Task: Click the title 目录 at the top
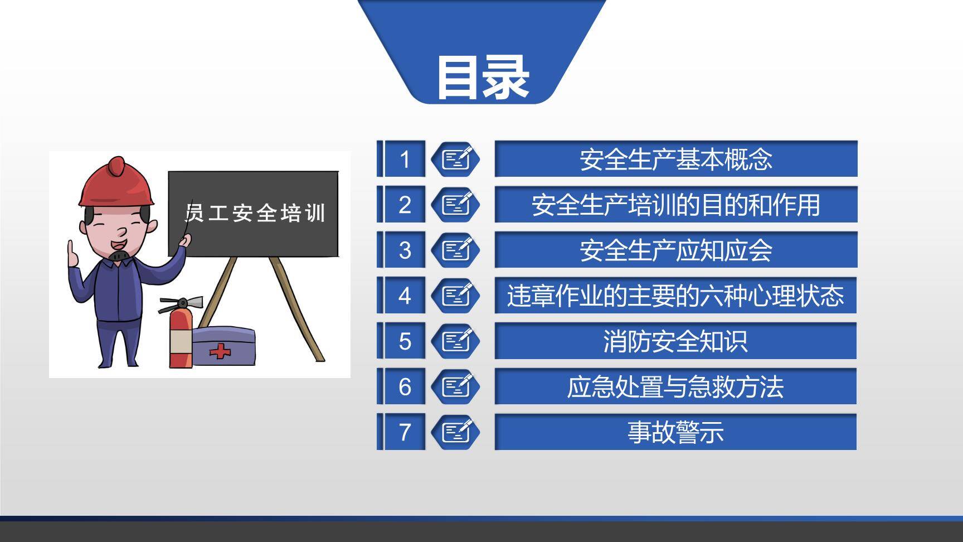click(x=482, y=78)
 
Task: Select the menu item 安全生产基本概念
click(x=675, y=159)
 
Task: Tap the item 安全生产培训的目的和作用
click(x=675, y=205)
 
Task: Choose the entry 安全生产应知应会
click(x=675, y=250)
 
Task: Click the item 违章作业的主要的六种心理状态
click(x=675, y=296)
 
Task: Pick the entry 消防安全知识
click(x=675, y=341)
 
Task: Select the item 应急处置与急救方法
click(x=675, y=386)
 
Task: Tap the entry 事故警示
click(x=675, y=432)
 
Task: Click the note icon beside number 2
click(x=456, y=205)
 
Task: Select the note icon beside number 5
click(x=456, y=341)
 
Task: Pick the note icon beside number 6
click(x=456, y=386)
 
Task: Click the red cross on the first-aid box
click(x=220, y=351)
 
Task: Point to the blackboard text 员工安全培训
click(x=255, y=213)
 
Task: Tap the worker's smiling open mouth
click(x=118, y=244)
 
